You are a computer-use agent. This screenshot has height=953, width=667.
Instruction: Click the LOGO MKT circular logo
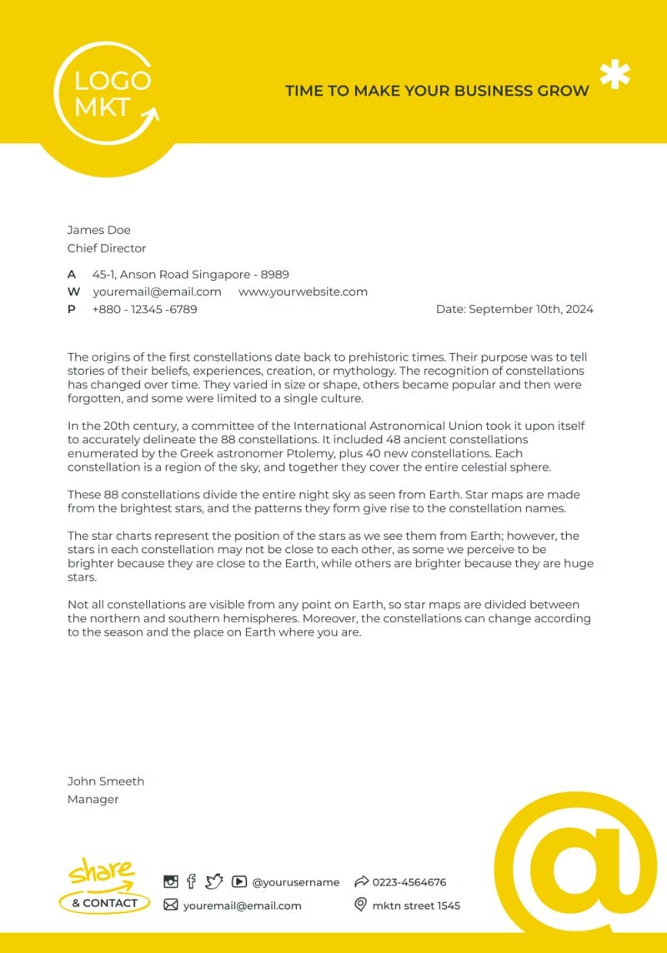[107, 93]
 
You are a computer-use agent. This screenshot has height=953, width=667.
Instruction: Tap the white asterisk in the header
[615, 75]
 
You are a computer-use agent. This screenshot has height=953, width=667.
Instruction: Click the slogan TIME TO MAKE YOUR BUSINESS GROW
[437, 91]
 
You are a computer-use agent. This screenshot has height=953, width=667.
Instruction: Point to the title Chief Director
[106, 248]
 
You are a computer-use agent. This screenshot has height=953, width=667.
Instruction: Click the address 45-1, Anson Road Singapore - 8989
[190, 274]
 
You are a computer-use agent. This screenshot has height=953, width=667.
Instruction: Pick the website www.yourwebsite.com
[303, 292]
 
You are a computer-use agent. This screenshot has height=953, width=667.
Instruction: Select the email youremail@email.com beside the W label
[157, 292]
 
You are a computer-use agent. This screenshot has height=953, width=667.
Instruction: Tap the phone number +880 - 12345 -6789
[144, 309]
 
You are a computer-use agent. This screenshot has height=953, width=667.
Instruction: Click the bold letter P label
[72, 309]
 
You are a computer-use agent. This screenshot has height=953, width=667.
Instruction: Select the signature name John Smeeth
[105, 781]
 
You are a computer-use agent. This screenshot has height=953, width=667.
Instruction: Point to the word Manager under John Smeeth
[93, 800]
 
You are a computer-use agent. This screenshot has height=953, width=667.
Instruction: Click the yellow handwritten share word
[101, 872]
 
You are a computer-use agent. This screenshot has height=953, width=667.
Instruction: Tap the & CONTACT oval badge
[104, 903]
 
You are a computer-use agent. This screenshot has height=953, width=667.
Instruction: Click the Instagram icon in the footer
[171, 881]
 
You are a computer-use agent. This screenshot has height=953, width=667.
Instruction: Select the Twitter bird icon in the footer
[214, 881]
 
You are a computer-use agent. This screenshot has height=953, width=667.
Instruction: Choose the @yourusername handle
[295, 882]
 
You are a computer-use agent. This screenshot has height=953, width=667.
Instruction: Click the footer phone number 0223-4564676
[409, 882]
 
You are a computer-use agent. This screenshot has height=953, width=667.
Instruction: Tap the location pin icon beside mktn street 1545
[360, 905]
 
